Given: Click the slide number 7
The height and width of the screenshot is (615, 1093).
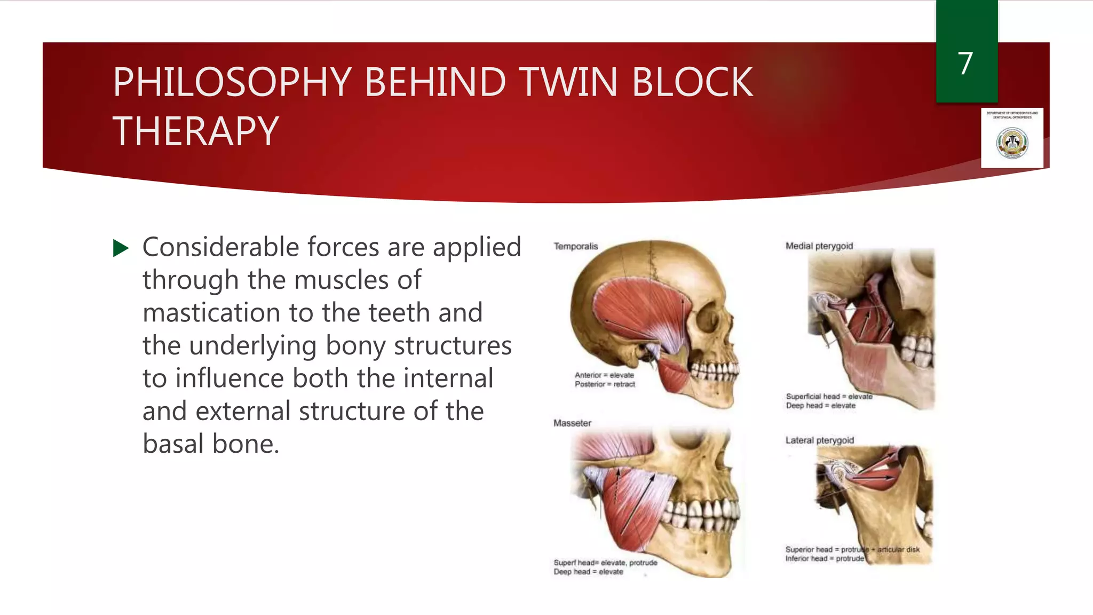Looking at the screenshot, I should tap(965, 64).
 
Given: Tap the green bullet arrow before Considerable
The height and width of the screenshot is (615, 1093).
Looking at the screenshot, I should tap(121, 248).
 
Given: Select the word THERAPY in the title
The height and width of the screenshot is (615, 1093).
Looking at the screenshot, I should tap(196, 131).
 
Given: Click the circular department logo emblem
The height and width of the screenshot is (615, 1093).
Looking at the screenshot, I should tap(1012, 143).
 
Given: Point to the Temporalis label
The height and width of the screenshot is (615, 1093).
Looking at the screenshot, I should tap(575, 246).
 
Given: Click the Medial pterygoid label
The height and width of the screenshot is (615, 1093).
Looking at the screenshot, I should tap(819, 246).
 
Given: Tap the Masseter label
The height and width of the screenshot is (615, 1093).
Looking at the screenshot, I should tap(572, 423).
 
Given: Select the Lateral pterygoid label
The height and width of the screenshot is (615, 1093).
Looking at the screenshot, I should tap(819, 440).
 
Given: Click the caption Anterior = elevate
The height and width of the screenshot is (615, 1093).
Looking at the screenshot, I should tap(604, 375).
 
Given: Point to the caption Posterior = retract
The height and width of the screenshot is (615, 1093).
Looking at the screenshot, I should tap(605, 384).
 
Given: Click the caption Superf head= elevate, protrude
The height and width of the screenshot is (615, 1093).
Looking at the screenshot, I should tap(605, 563).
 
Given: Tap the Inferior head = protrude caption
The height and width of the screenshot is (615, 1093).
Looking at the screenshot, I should tap(824, 558).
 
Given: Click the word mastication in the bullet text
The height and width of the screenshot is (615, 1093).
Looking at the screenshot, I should tap(211, 313).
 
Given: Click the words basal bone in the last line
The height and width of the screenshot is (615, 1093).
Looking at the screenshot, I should tap(211, 444).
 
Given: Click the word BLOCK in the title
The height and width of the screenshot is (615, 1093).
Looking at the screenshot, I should tap(692, 82).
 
